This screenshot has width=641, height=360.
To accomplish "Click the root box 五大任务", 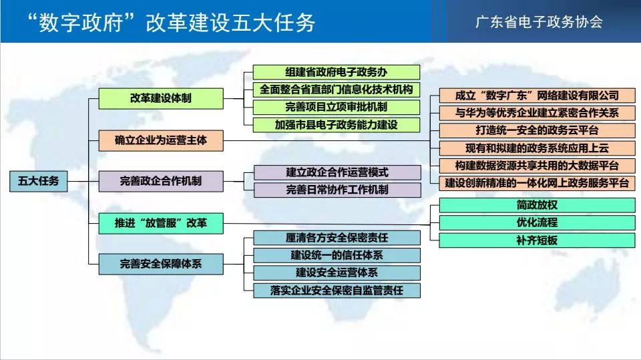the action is tap(39, 181).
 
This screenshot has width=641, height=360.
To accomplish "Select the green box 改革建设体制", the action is tap(161, 98).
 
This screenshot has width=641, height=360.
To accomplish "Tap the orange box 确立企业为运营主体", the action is tap(161, 140).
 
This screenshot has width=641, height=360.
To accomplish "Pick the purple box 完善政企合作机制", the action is tap(161, 181).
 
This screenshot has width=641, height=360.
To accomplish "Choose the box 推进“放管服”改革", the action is tap(161, 223).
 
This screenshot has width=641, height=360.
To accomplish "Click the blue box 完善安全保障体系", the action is tap(161, 264).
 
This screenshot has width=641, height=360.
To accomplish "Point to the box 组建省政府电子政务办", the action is tap(336, 72).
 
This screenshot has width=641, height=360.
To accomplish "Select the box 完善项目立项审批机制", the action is tap(336, 107).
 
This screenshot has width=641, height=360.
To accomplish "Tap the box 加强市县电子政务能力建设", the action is tap(336, 125).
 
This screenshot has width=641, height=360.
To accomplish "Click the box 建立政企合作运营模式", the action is tap(337, 172).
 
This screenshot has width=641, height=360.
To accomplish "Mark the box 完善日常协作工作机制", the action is tap(337, 190).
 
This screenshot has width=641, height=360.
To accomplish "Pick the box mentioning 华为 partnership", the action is tap(537, 113).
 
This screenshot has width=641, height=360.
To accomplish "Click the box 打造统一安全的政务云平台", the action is tap(537, 130).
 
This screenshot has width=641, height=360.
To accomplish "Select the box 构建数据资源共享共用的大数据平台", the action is tap(537, 166).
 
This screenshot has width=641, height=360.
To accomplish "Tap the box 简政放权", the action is tap(537, 205).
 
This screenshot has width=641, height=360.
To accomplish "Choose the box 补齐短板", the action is tap(537, 240).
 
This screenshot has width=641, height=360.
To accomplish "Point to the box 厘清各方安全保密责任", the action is tap(337, 238).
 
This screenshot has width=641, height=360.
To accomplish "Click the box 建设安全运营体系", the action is tap(337, 273).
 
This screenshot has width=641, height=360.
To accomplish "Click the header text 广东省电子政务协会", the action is tap(539, 21).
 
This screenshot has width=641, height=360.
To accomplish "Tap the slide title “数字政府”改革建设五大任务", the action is tap(171, 22).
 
